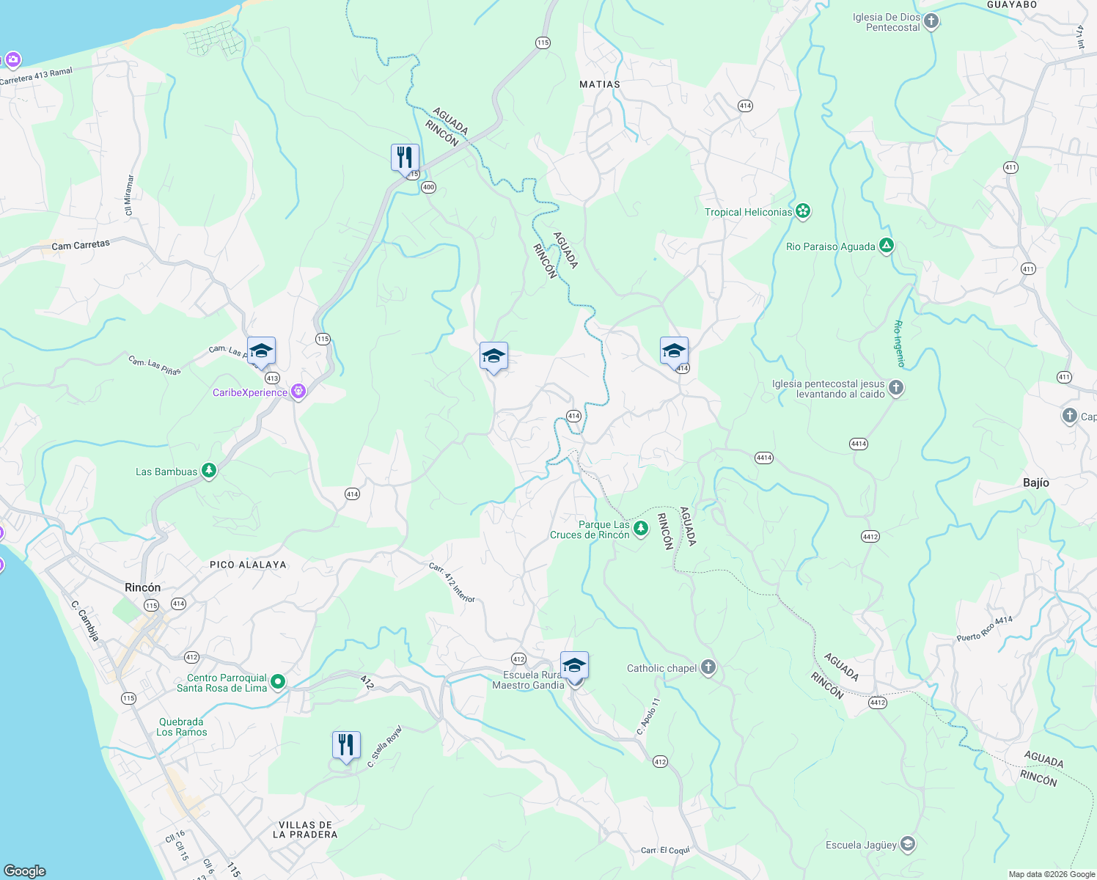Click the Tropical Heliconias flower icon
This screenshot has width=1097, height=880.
point(803,212)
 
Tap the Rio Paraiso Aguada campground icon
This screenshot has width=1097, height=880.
point(887,246)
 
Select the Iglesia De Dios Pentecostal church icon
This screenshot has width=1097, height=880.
point(931,21)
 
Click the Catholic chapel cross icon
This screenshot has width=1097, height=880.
point(708,667)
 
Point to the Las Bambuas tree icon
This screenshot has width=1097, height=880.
point(209,471)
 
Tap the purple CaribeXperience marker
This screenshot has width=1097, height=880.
point(298,392)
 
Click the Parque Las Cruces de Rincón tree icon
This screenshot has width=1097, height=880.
point(641,529)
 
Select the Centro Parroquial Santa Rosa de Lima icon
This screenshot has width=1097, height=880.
point(278,682)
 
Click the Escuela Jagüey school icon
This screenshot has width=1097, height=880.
point(908,844)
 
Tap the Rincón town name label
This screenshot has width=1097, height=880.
point(142,587)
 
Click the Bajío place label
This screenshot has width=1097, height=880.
point(1035,483)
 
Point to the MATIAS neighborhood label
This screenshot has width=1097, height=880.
point(599,84)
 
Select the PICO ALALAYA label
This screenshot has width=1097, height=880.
point(248,565)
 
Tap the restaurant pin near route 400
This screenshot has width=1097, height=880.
point(405,158)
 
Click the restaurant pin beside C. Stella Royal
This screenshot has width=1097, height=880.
point(346,745)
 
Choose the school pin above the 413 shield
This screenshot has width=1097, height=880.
point(261,351)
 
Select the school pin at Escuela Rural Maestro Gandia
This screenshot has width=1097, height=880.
point(574,666)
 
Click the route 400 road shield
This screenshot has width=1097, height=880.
point(429,187)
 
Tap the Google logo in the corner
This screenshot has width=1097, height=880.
point(25,870)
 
